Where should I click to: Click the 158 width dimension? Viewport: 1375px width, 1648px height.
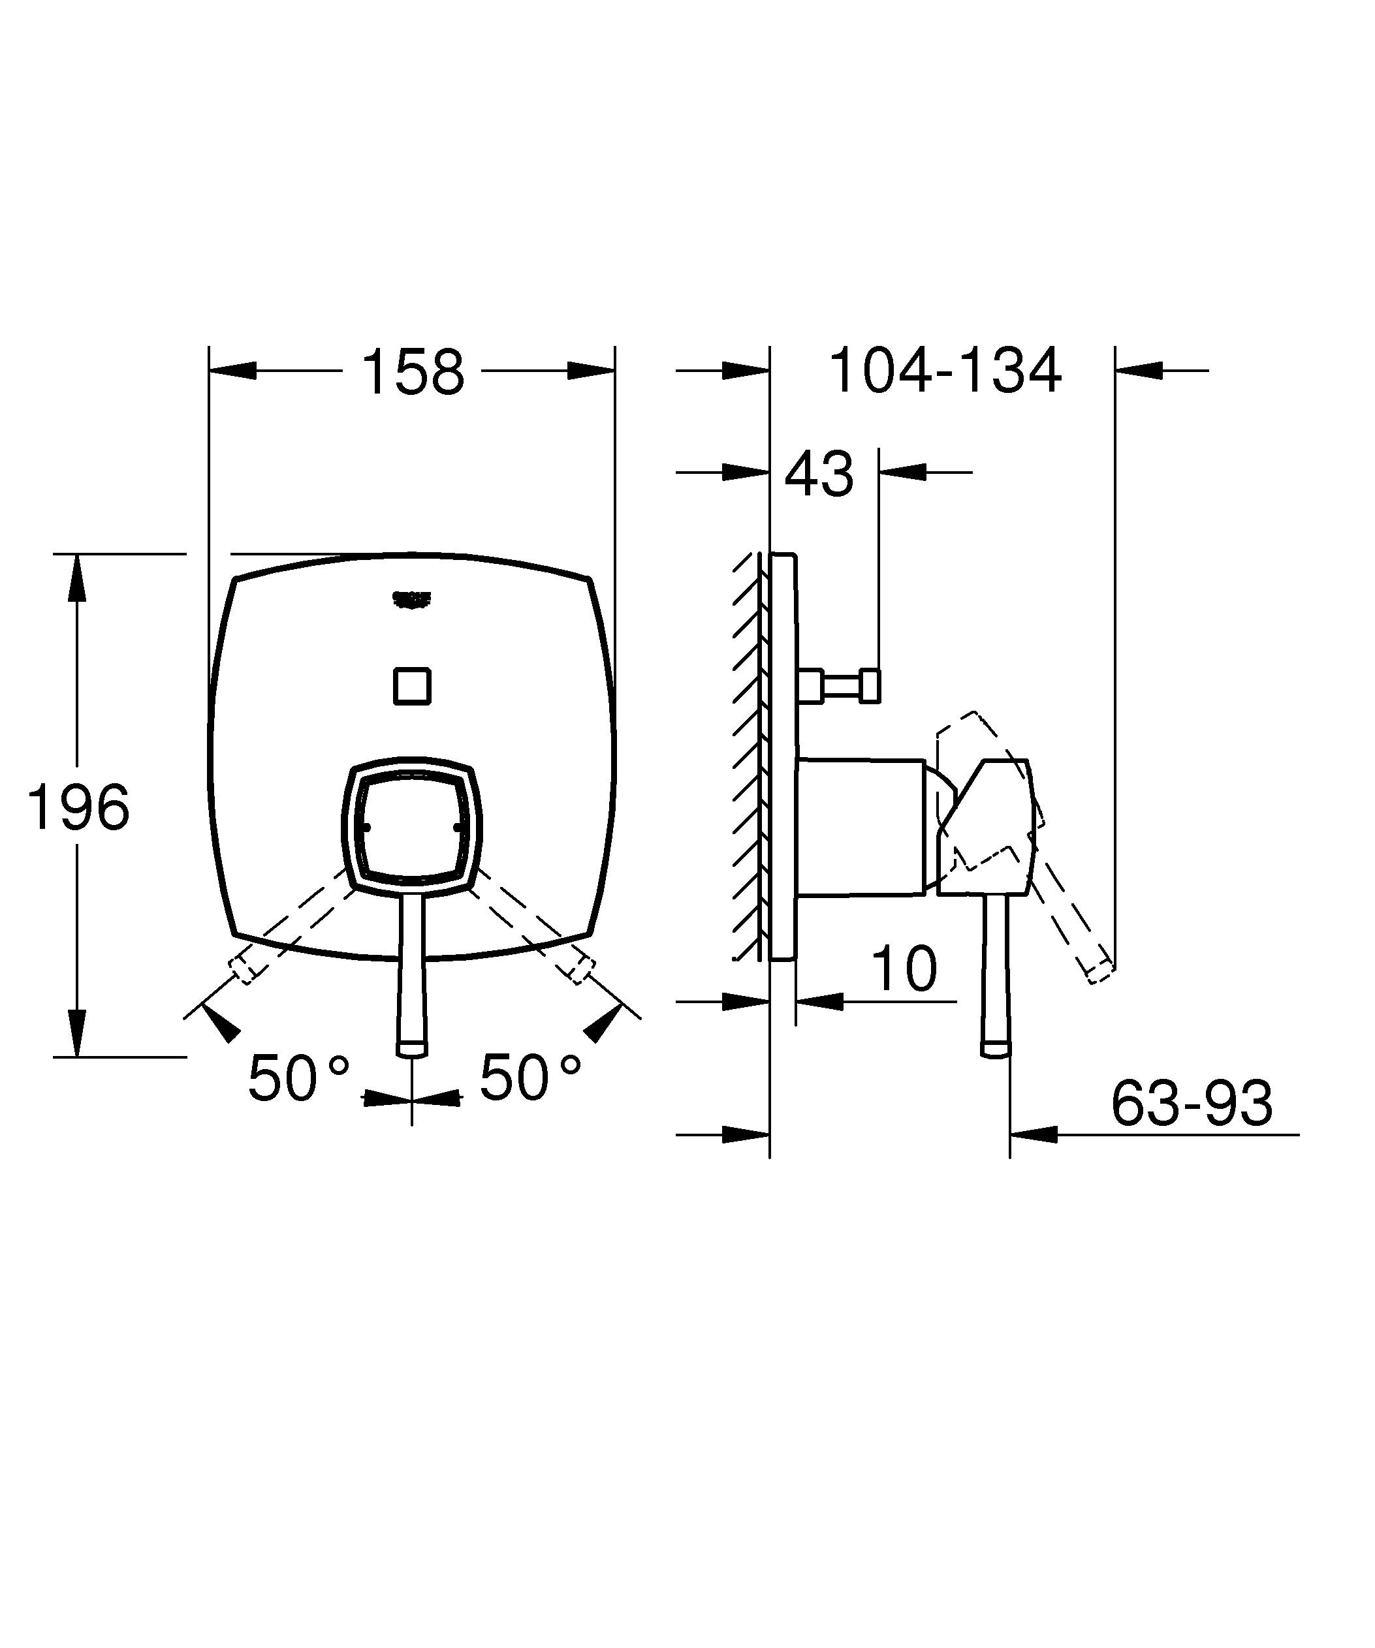tap(412, 373)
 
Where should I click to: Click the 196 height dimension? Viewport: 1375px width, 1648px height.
tap(78, 807)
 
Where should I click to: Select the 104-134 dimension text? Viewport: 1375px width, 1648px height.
tap(945, 371)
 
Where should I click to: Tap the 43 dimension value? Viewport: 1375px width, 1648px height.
tap(819, 474)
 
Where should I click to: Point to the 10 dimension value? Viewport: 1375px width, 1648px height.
tap(904, 969)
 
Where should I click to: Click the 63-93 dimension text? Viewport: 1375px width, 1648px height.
tap(1192, 1104)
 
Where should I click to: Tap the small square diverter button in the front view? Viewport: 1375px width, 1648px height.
tap(412, 686)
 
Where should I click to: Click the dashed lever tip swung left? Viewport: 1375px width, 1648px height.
tap(242, 972)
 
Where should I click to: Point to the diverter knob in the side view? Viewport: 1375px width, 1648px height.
tap(870, 686)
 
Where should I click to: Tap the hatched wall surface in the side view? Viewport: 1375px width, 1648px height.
tap(749, 753)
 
